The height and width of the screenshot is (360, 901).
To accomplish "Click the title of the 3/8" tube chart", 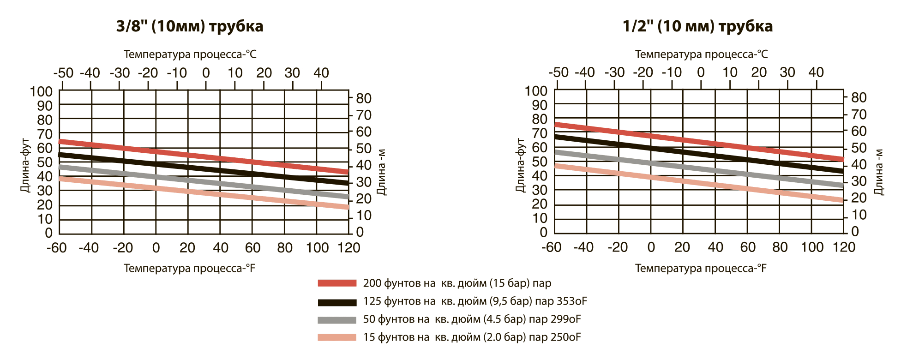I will click(x=190, y=26).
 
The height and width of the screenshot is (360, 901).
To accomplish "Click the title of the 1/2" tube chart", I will click(x=697, y=26).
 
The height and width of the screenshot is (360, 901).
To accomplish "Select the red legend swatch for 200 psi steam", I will click(x=337, y=283).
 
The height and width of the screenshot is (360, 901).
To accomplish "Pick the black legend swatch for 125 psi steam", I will click(x=337, y=302).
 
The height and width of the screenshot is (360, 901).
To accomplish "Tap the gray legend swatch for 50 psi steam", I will click(x=337, y=320).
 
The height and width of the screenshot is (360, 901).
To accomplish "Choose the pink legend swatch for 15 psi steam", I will click(x=337, y=337).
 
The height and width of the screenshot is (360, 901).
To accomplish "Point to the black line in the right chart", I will click(x=699, y=154).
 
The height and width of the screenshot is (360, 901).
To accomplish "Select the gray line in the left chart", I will click(x=203, y=182).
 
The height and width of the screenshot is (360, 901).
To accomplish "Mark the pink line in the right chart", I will click(x=699, y=183).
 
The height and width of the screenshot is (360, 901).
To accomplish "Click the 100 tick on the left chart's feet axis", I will click(x=42, y=91).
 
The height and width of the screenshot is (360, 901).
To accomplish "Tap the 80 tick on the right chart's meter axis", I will click(x=859, y=98).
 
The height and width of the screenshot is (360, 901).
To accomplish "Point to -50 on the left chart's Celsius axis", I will click(x=63, y=73).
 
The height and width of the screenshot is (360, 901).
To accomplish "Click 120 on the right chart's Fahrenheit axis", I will click(x=844, y=247).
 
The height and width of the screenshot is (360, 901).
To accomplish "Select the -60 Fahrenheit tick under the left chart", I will click(x=57, y=248).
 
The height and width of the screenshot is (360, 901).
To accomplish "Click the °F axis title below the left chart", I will click(x=190, y=268).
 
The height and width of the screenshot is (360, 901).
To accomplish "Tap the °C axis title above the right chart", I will click(x=701, y=54).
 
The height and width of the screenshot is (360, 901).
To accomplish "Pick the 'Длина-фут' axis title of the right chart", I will click(x=520, y=165).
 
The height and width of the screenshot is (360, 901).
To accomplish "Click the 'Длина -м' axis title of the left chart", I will click(x=381, y=172).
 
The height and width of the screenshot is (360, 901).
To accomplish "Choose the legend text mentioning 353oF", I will click(x=475, y=301).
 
